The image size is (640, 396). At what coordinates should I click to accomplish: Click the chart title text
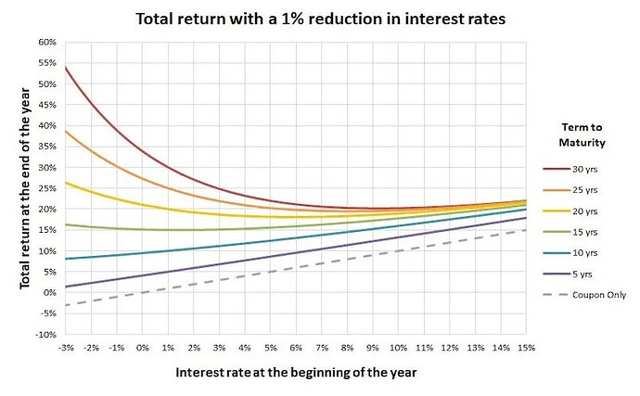click(320, 19)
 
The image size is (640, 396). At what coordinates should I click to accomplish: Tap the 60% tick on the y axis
click(46, 43)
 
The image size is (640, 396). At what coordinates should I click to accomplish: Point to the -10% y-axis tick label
click(45, 334)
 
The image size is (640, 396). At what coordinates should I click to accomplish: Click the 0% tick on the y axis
click(49, 292)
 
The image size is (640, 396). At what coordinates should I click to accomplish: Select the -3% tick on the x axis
click(66, 347)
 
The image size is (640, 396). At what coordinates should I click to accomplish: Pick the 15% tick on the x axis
click(526, 347)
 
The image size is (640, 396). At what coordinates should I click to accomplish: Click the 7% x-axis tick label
click(322, 347)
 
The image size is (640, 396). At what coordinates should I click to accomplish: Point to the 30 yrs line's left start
click(66, 68)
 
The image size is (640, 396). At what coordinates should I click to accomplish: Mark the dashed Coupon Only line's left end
click(66, 305)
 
